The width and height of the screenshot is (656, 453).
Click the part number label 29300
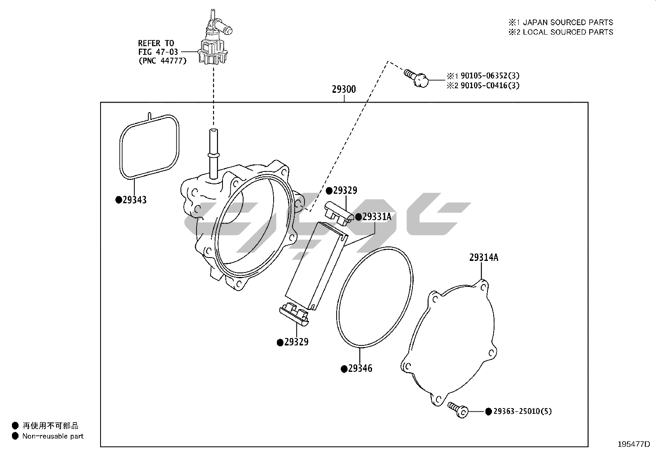pyautogui.click(x=344, y=89)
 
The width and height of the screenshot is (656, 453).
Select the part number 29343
pyautogui.click(x=134, y=200)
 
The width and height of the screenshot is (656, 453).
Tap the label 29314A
pyautogui.click(x=483, y=258)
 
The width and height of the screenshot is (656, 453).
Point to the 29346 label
pyautogui.click(x=360, y=369)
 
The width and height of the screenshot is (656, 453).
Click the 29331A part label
pyautogui.click(x=377, y=217)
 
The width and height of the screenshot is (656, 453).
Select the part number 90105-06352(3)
pyautogui.click(x=490, y=76)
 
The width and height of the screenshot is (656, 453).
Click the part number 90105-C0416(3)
pyautogui.click(x=490, y=86)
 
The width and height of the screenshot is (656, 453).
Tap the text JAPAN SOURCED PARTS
pyautogui.click(x=568, y=22)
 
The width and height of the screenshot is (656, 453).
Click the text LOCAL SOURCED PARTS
pyautogui.click(x=568, y=32)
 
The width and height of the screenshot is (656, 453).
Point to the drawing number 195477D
pyautogui.click(x=633, y=444)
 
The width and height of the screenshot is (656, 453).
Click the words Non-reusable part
pyautogui.click(x=53, y=436)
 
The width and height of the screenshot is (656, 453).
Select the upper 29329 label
pyautogui.click(x=345, y=190)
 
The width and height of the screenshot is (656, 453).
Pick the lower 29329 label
pyautogui.click(x=296, y=342)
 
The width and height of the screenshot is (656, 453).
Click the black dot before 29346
pyautogui.click(x=344, y=369)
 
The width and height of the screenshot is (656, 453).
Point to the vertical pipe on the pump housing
pyautogui.click(x=213, y=153)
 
